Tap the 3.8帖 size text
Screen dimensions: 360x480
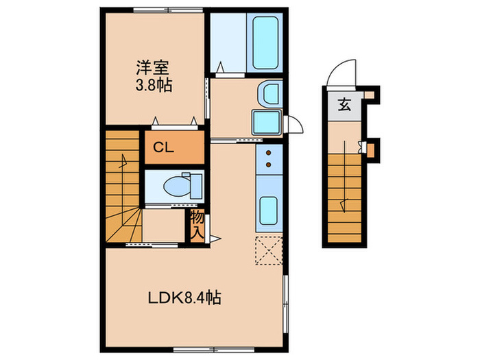tap(154, 86)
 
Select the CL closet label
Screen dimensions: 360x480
tap(163, 146)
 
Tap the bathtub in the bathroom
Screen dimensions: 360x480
tap(264, 42)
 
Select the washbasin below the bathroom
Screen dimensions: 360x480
tap(268, 94)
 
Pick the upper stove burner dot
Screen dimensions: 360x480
tap(269, 152)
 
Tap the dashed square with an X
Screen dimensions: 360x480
tap(268, 249)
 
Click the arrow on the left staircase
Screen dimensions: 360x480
tap(124, 163)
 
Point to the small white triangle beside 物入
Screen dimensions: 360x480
tap(213, 239)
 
